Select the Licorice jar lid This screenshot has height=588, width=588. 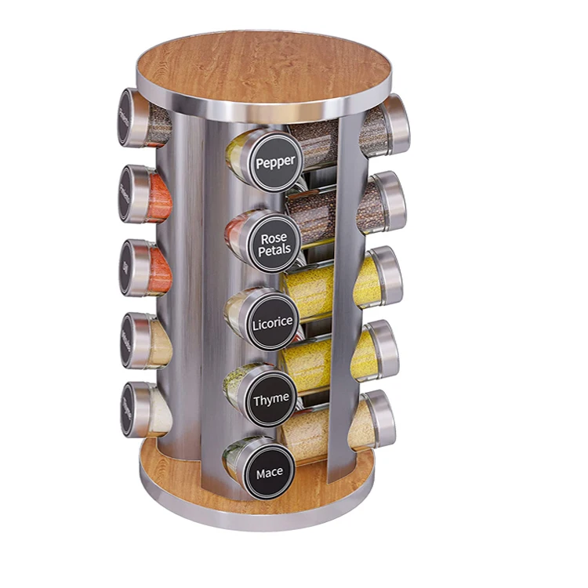(x=271, y=323)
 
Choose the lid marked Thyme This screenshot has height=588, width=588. (x=270, y=400)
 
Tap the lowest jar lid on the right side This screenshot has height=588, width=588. (x=380, y=418)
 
